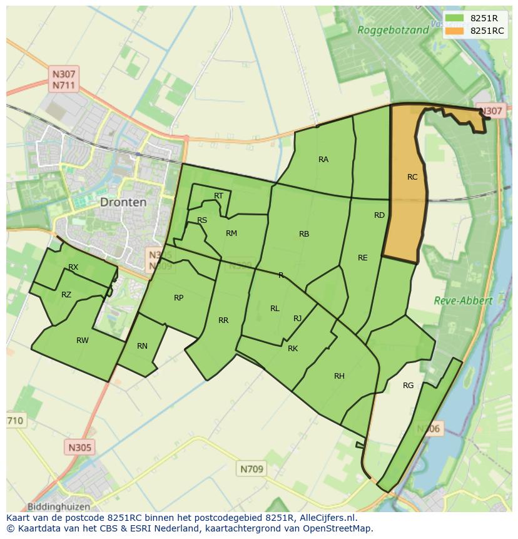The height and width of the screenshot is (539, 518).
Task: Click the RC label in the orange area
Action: pyautogui.click(x=412, y=177)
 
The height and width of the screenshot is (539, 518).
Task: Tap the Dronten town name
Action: pyautogui.click(x=123, y=202)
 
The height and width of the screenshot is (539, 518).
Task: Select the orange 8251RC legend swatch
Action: pyautogui.click(x=455, y=31)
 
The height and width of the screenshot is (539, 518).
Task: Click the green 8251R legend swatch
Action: pyautogui.click(x=455, y=18)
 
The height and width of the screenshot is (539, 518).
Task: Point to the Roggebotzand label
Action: pyautogui.click(x=393, y=29)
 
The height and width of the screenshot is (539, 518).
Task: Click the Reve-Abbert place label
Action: pyautogui.click(x=463, y=300)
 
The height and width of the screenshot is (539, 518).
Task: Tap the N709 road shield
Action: pyautogui.click(x=251, y=468)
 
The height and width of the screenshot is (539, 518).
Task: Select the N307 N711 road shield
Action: pyautogui.click(x=64, y=80)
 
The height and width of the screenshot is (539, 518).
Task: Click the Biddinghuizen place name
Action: pyautogui.click(x=59, y=506)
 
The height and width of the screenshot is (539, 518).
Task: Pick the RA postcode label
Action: pyautogui.click(x=323, y=160)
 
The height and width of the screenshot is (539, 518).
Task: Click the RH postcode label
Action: pyautogui.click(x=339, y=376)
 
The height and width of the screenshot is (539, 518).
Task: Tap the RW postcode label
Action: pyautogui.click(x=82, y=341)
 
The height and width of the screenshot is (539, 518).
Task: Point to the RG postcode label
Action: pyautogui.click(x=408, y=386)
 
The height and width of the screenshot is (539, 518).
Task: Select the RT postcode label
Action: pyautogui.click(x=218, y=196)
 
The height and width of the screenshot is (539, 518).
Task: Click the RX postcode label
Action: pyautogui.click(x=73, y=267)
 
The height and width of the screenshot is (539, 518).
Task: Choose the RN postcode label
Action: pyautogui.click(x=142, y=346)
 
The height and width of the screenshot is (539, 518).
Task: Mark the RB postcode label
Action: pyautogui.click(x=304, y=234)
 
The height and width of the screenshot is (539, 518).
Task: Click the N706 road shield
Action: pyautogui.click(x=429, y=429)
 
